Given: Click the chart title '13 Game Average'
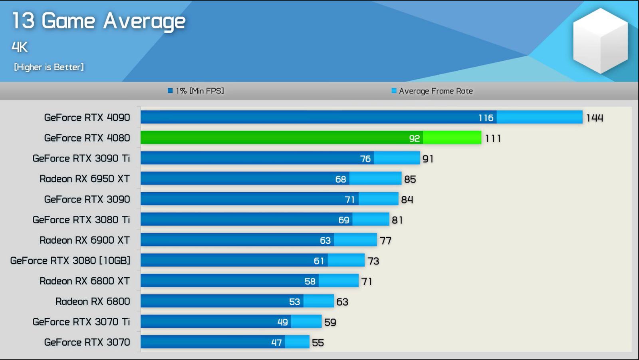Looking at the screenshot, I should pos(99,21).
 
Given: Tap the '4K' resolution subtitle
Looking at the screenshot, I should pos(20,47).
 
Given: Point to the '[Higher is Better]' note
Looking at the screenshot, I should pos(49,67).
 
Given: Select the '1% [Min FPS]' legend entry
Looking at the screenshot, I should pos(196,91).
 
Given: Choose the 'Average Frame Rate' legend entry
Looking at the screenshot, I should pos(432,91).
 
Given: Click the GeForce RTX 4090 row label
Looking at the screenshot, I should pos(87,117).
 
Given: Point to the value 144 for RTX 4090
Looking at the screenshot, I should pos(594,118).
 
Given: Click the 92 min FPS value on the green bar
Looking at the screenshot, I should pos(414,138).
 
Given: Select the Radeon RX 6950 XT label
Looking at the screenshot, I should pos(85,179).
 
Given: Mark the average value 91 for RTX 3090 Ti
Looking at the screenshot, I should pos(428,159).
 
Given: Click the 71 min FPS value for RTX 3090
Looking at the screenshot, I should pos(349,199).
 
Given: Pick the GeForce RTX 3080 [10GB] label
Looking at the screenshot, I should pos(70,261).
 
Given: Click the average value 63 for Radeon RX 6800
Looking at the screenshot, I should pos(342,302).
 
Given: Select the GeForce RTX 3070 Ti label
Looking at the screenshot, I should pos(81,322).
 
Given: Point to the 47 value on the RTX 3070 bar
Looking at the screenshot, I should pos(276,342).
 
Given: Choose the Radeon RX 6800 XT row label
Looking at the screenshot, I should pos(85,281).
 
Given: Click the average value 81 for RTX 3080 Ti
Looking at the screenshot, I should pos(397,220).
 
